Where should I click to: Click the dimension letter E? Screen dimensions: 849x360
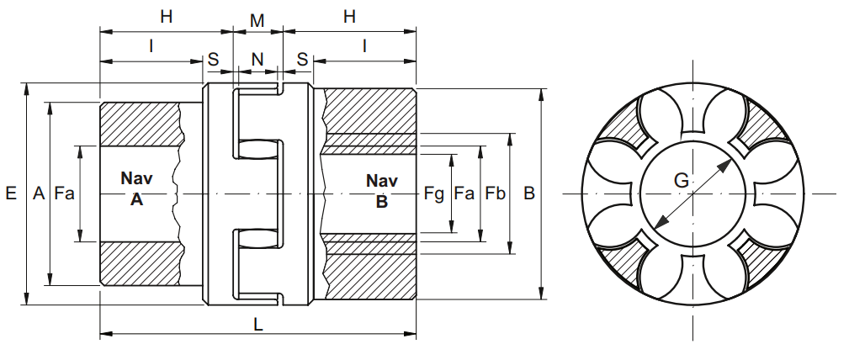(x=11, y=193)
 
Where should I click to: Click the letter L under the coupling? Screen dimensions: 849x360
(x=258, y=325)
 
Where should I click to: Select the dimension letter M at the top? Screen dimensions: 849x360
(x=257, y=20)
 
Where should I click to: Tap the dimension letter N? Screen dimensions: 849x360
(x=257, y=59)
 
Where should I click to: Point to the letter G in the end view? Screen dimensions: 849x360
(x=682, y=180)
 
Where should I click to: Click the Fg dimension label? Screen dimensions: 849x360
(x=433, y=193)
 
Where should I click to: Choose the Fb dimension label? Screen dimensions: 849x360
(x=495, y=193)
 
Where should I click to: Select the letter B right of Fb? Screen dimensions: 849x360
(x=529, y=193)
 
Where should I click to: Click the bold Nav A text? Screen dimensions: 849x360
(x=136, y=188)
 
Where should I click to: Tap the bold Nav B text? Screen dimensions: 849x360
(x=382, y=191)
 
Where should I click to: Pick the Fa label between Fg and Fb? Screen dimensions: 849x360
(x=464, y=193)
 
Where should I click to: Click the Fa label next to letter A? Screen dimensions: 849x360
(x=65, y=193)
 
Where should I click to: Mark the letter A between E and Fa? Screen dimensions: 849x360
(x=39, y=193)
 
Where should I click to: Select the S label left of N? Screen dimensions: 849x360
(x=214, y=59)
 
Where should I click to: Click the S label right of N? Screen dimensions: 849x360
(x=303, y=59)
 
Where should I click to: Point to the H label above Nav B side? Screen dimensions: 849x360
(x=350, y=17)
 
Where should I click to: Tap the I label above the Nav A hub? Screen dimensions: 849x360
(x=151, y=46)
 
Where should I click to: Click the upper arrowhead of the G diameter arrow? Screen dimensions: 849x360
(x=725, y=166)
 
